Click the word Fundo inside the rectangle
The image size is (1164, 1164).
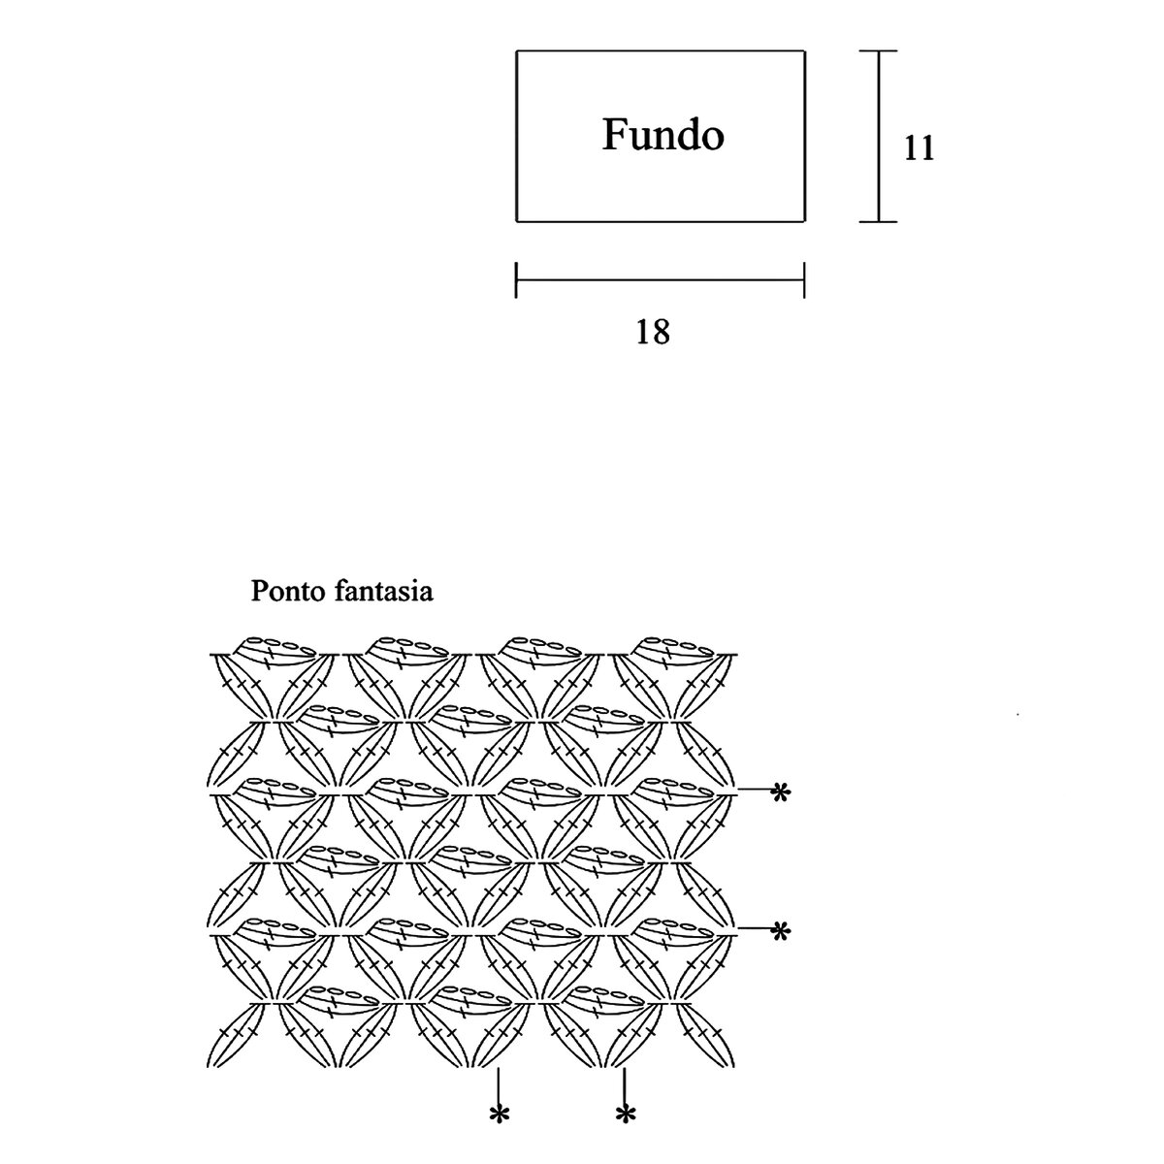click(x=663, y=135)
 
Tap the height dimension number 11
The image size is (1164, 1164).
click(x=918, y=148)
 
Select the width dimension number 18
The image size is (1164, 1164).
click(x=653, y=333)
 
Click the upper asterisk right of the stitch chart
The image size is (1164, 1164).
click(x=779, y=793)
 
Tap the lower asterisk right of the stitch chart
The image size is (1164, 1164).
click(x=779, y=931)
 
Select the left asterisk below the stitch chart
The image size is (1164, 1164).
click(x=499, y=1115)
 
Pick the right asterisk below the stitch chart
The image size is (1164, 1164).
click(x=625, y=1115)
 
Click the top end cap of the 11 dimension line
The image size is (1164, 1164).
click(x=879, y=51)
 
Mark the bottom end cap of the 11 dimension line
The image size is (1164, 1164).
click(x=879, y=221)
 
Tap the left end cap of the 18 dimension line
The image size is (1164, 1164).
click(x=516, y=279)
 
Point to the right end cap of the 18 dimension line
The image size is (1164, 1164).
click(x=804, y=279)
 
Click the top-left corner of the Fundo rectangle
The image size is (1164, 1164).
click(x=516, y=51)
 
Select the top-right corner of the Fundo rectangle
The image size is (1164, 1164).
click(x=804, y=51)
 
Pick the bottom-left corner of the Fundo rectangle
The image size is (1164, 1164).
click(x=516, y=221)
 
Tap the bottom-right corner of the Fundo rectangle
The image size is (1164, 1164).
click(x=804, y=221)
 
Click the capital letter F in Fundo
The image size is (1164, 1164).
click(x=614, y=135)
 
